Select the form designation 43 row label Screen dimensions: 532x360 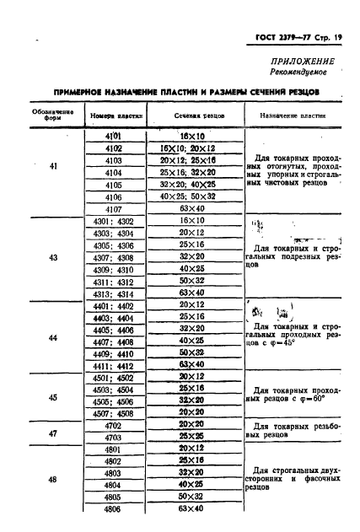click(53, 257)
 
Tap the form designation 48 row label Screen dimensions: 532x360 click(53, 480)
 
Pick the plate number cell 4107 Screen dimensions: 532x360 click(113, 207)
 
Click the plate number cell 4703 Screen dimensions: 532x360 click(113, 438)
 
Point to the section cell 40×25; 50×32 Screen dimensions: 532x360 click(196, 196)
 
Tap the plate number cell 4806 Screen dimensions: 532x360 click(113, 510)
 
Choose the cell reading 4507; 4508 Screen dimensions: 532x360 click(113, 413)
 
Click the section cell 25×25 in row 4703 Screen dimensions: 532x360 click(196, 438)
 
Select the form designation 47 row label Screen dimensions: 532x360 click(53, 432)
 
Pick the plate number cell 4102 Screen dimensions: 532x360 click(113, 147)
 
